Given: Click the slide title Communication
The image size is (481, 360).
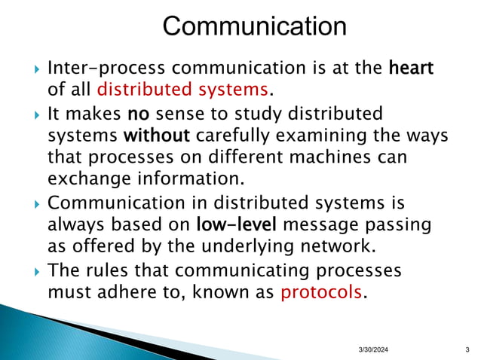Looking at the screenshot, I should tap(255, 27).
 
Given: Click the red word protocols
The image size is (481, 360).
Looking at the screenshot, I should tap(321, 291).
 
